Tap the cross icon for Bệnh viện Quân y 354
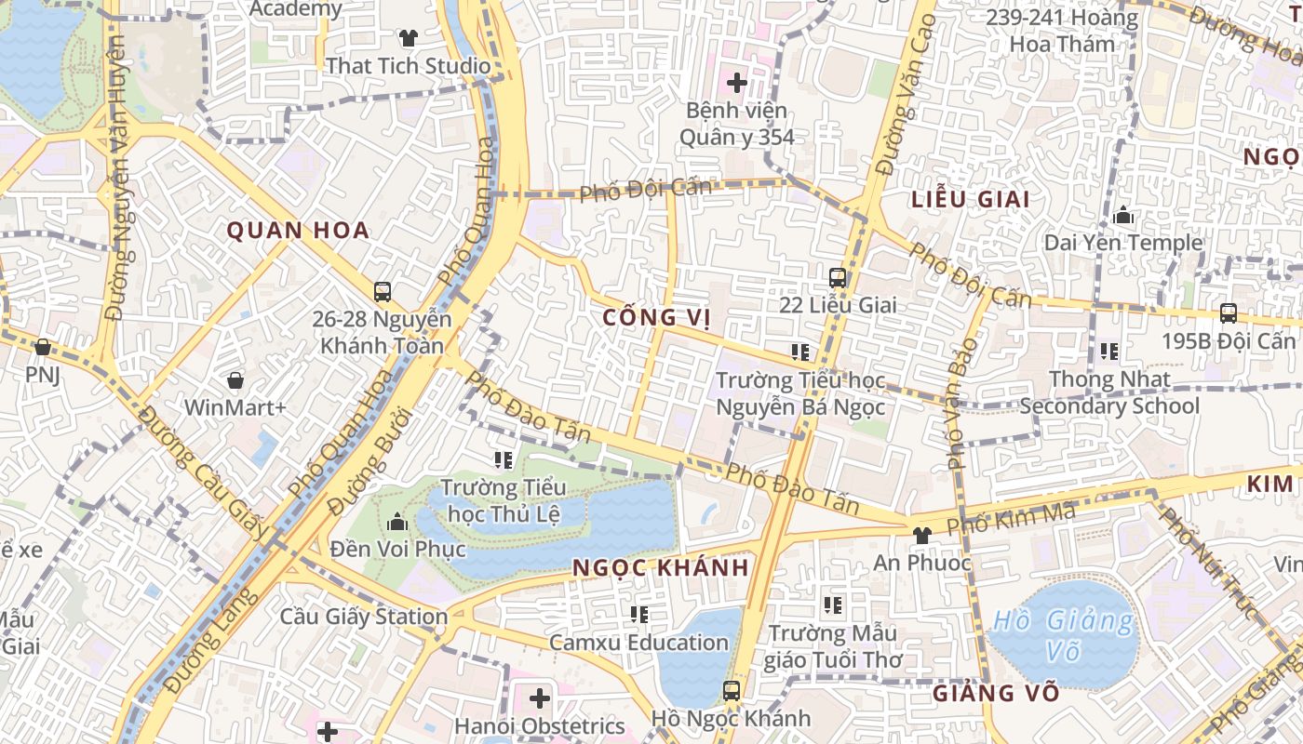tap(737, 83)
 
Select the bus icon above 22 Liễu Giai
tap(838, 277)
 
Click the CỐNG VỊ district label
tap(656, 318)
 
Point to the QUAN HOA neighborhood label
tap(299, 231)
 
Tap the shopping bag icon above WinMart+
tap(235, 380)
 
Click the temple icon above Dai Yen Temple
tap(1123, 216)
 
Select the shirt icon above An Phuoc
tap(921, 535)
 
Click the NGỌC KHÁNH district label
tap(661, 567)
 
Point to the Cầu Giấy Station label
tap(364, 617)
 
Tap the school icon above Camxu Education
tap(638, 614)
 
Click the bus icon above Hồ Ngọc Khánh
tap(731, 691)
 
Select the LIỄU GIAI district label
tap(971, 199)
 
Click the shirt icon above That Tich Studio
tap(408, 38)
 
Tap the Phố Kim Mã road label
tap(1011, 518)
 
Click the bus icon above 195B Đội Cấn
tap(1228, 313)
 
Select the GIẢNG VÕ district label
tap(996, 693)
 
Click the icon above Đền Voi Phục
tap(397, 521)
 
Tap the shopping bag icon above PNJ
tap(42, 347)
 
